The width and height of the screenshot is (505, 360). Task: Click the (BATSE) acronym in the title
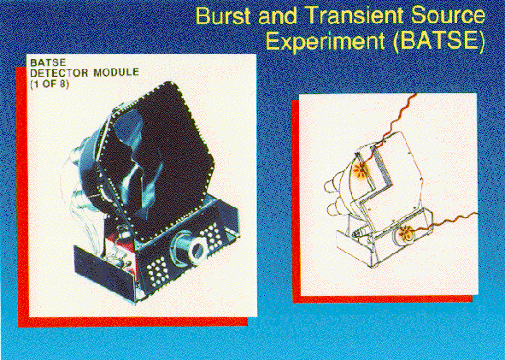click(438, 42)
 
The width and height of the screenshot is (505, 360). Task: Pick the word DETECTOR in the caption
click(59, 73)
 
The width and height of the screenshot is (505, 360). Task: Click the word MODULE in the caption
click(116, 73)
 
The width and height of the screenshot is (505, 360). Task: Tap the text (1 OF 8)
click(50, 84)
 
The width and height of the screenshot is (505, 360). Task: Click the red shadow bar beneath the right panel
click(383, 299)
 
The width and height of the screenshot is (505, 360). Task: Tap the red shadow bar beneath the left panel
click(132, 322)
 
